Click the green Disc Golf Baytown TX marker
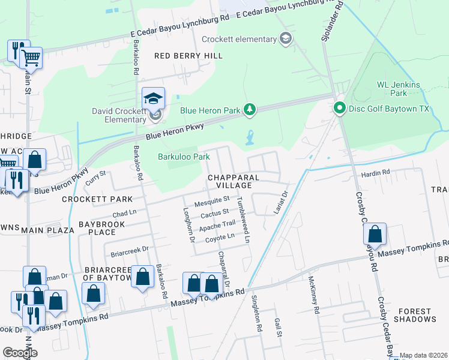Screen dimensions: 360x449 339,108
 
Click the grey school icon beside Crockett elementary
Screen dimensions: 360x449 286,40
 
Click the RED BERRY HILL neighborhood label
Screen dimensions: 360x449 188,56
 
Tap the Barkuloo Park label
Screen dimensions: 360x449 184,157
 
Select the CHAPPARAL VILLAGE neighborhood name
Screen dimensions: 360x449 234,182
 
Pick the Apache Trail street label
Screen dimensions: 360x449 217,224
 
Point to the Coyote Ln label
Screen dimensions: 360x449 220,237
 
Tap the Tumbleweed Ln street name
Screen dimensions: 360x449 243,220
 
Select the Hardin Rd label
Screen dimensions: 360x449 375,172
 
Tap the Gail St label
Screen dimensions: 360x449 277,328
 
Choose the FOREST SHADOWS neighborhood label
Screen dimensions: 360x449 414,315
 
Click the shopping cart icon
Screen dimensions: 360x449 31,58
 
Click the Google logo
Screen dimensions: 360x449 20,352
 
